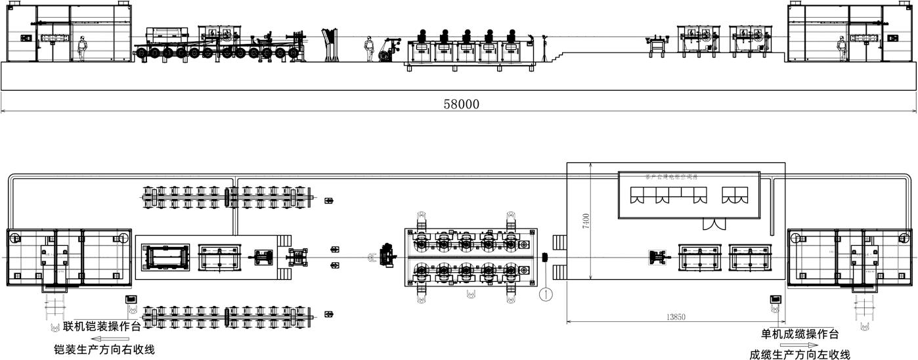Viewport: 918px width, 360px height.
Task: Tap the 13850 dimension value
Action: coord(676,317)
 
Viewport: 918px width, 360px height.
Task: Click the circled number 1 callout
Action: coord(546,294)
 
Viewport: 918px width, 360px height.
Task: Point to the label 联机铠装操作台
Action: coord(102,326)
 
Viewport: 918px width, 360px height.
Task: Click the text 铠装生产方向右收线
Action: coord(104,349)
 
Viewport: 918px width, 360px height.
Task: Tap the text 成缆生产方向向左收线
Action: coord(800,355)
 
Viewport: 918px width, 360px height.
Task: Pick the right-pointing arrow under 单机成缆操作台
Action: coord(799,345)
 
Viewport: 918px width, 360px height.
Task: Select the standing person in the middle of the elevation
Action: coord(370,49)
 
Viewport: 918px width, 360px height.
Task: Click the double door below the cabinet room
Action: coord(712,224)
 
